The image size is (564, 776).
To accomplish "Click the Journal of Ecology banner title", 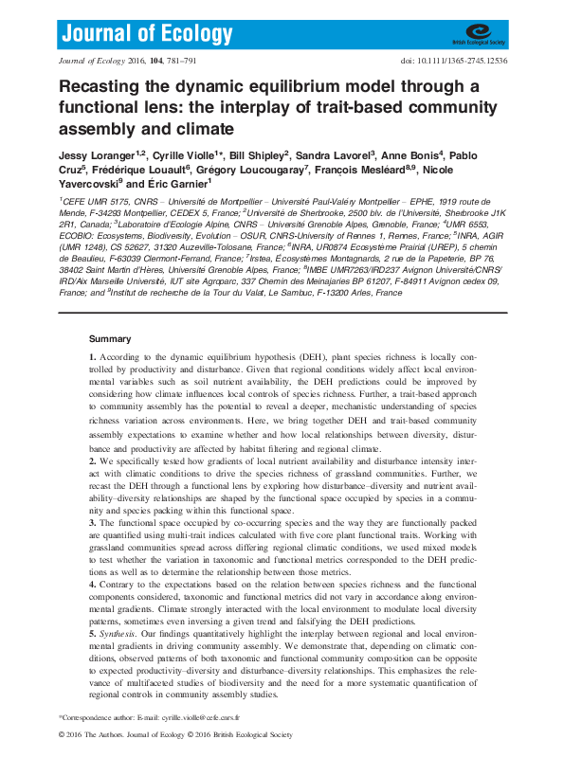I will (147, 36).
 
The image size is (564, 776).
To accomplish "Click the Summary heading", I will (110, 338).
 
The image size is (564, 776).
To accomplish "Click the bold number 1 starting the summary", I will (92, 355).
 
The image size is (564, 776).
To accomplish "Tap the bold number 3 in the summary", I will (92, 520).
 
